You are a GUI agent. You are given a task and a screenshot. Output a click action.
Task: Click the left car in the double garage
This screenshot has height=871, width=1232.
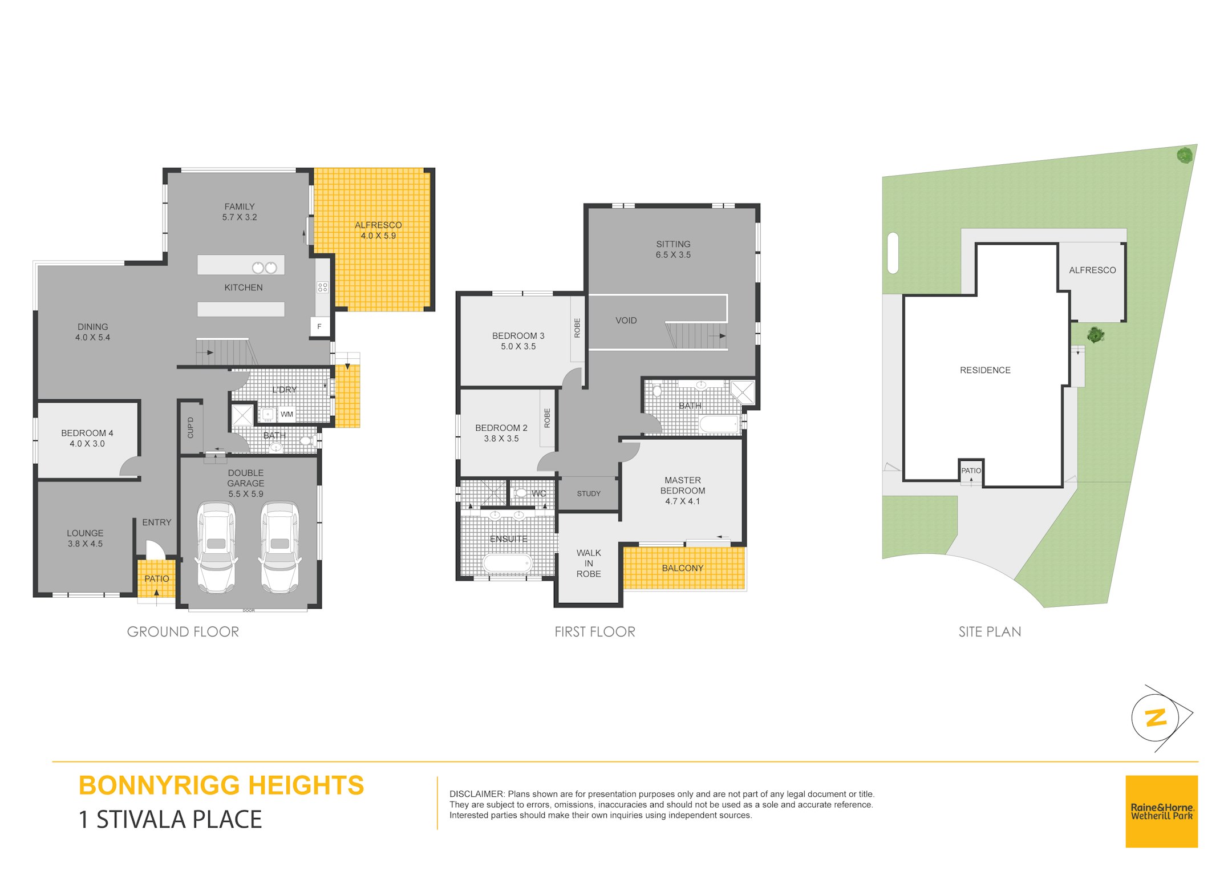[x=216, y=548]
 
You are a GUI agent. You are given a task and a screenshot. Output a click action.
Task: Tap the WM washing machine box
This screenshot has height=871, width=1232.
[x=287, y=414]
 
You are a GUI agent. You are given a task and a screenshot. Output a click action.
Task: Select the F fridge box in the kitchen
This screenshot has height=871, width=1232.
[x=319, y=326]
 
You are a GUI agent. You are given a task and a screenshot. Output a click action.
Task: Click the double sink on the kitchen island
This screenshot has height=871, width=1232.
[x=265, y=267]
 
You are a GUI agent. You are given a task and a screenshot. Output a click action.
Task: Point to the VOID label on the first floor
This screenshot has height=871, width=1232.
[x=626, y=321]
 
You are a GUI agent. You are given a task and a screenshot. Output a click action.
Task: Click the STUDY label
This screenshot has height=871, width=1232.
[x=589, y=493]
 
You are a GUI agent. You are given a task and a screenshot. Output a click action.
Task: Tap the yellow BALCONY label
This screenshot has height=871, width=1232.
[x=683, y=568]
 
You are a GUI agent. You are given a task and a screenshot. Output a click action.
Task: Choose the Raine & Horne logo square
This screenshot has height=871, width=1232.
[x=1161, y=811]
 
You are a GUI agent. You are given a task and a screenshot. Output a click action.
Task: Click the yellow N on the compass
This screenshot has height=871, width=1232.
[x=1156, y=718]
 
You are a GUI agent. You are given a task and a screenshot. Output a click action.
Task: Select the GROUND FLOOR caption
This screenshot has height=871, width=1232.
[x=183, y=631]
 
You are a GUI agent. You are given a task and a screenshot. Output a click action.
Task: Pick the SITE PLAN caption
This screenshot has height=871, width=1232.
[x=990, y=631]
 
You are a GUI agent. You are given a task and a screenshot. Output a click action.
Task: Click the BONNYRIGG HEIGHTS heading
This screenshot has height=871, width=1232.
[x=221, y=785]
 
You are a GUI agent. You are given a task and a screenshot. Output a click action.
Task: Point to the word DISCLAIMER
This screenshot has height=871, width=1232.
[x=477, y=794]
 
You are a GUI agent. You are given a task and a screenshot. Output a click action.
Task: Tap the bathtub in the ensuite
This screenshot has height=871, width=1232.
[x=508, y=564]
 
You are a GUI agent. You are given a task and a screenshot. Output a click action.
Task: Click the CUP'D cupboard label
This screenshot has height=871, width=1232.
[x=191, y=428]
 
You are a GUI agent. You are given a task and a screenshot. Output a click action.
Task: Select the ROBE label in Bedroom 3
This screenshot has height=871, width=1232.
[x=577, y=328]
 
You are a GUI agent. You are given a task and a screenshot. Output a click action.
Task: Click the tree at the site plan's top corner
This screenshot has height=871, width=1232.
[x=1185, y=155]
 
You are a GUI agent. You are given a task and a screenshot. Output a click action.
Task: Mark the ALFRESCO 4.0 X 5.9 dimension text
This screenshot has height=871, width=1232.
[x=378, y=236]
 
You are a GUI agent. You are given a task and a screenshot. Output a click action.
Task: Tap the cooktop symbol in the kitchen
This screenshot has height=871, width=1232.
[x=322, y=287]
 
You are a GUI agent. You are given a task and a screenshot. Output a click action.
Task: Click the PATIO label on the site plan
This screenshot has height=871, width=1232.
[x=971, y=471]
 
